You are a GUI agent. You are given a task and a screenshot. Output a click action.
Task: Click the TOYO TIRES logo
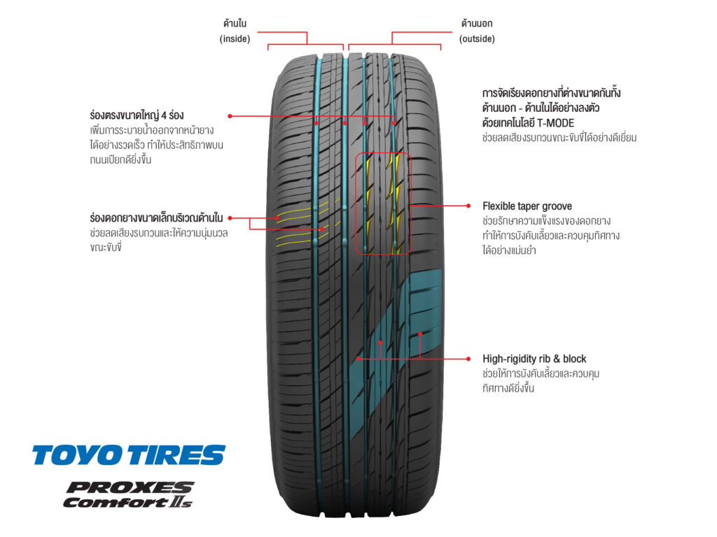pyautogui.click(x=129, y=455)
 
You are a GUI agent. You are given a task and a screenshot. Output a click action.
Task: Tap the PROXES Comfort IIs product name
pyautogui.click(x=128, y=494)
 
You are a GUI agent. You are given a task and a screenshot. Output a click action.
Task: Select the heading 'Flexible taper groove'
pyautogui.click(x=527, y=206)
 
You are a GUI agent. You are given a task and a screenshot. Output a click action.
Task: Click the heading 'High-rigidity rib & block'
pyautogui.click(x=534, y=359)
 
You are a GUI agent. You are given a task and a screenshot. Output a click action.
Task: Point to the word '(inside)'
pyautogui.click(x=235, y=39)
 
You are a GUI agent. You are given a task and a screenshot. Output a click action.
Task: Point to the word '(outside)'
pyautogui.click(x=477, y=39)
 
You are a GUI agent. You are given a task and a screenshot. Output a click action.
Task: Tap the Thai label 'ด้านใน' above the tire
pyautogui.click(x=235, y=24)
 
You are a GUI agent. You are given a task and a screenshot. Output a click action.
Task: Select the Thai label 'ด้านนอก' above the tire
pyautogui.click(x=477, y=24)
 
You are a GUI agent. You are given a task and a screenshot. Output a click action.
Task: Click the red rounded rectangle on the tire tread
pyautogui.click(x=383, y=203)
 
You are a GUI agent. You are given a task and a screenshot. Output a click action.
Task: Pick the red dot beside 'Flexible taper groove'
pyautogui.click(x=468, y=206)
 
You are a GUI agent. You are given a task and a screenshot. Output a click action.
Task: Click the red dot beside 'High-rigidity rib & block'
pyautogui.click(x=468, y=359)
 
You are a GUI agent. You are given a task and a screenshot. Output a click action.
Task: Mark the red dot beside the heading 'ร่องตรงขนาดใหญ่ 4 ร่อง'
pyautogui.click(x=230, y=115)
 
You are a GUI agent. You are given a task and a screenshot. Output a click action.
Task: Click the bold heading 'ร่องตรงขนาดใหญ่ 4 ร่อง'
pyautogui.click(x=137, y=115)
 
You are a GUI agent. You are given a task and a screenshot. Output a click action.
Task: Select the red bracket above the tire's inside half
pyautogui.click(x=306, y=41)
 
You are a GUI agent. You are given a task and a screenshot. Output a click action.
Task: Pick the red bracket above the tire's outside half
pyautogui.click(x=416, y=41)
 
